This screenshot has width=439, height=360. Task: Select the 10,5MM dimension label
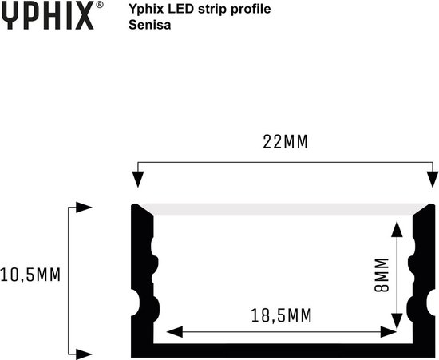[x=31, y=275]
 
